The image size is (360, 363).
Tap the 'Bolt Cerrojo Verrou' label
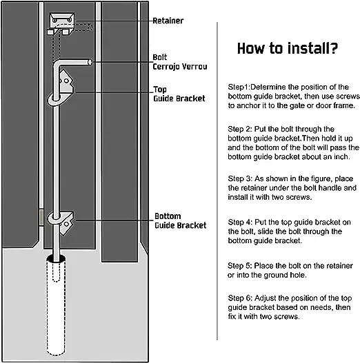click(179, 62)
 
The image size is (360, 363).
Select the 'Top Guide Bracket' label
click(179, 94)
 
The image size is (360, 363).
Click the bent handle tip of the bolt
click(90, 63)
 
